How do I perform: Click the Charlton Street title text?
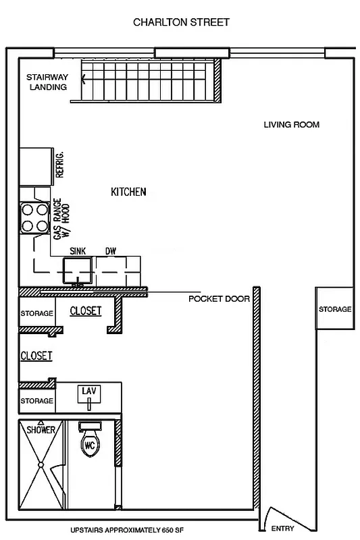[181, 22]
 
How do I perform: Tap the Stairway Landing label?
[47, 82]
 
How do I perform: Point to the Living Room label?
[291, 125]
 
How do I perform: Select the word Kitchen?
[128, 192]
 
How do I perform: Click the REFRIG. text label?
[59, 165]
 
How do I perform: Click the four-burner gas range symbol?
[34, 218]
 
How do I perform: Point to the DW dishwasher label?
[110, 251]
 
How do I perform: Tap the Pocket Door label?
[219, 298]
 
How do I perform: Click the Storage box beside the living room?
[335, 309]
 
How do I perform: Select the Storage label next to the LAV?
[36, 401]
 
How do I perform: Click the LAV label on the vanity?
[88, 391]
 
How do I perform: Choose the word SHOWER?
[41, 430]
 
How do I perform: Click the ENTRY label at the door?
[282, 529]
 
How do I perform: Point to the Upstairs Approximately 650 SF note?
[128, 531]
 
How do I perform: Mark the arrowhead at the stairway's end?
[84, 78]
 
